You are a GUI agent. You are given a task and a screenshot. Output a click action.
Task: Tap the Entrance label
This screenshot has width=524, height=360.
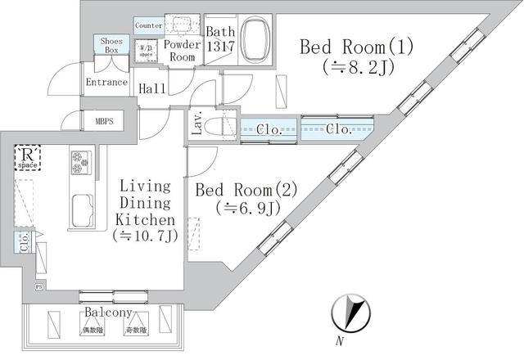[x=107, y=82]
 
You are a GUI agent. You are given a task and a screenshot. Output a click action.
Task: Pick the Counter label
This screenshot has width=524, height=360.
[x=148, y=25]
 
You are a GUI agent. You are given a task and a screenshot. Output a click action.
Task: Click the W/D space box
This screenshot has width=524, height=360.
[x=147, y=52]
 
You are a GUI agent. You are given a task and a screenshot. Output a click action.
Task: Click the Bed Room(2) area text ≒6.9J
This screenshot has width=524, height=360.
[x=248, y=209]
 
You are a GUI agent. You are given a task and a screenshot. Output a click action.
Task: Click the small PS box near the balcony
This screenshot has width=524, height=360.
[x=38, y=287]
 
